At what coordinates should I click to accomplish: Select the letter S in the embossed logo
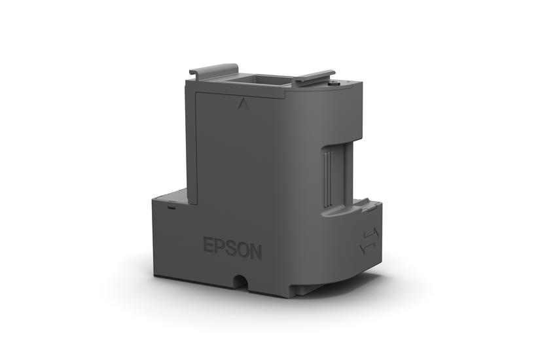click(x=229, y=251)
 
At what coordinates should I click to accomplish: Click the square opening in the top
click(x=265, y=82)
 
